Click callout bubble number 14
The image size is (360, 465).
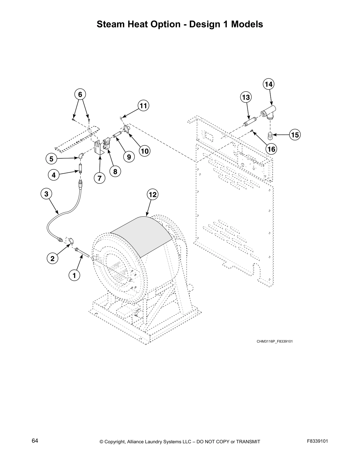[x=268, y=84]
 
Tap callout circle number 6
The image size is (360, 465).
[x=80, y=94]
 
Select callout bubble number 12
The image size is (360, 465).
[x=153, y=194]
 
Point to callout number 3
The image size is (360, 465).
[x=46, y=194]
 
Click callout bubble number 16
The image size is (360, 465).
[x=271, y=149]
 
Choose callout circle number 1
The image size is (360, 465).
[x=74, y=275]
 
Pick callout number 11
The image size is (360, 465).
[x=143, y=106]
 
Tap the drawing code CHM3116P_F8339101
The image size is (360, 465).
[x=274, y=341]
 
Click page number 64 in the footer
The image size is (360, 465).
[x=35, y=441]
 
